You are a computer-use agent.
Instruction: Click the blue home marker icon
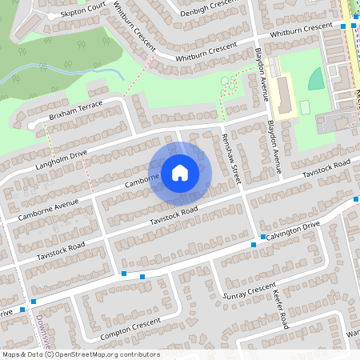coord(180,172)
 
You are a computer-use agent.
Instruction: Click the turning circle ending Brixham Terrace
coord(32,126)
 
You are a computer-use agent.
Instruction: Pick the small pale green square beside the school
coord(305,107)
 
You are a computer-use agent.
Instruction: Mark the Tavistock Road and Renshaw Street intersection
coord(242,193)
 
